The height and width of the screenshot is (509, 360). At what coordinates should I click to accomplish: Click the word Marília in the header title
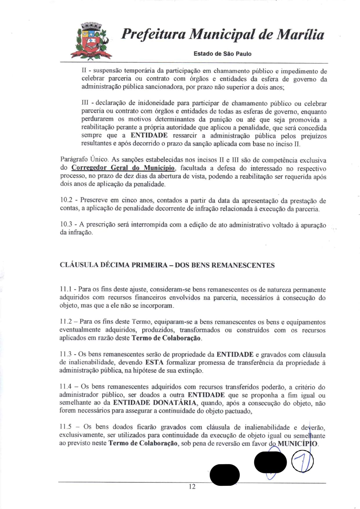coord(300,35)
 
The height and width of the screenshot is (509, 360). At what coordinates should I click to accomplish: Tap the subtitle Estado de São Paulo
coord(222,54)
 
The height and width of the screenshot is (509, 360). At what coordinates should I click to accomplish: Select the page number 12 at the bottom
coord(192,487)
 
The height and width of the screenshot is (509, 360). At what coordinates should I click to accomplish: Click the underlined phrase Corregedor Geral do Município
coord(123,168)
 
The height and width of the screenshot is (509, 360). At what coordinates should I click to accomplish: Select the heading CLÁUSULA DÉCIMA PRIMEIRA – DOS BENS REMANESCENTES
coord(167,265)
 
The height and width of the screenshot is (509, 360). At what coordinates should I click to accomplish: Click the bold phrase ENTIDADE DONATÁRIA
coord(154,403)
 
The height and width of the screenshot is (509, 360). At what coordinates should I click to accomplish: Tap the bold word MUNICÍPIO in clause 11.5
coord(298,444)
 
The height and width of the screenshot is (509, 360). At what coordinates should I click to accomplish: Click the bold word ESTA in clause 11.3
coord(154,362)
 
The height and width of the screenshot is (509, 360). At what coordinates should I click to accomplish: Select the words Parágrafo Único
coord(84,159)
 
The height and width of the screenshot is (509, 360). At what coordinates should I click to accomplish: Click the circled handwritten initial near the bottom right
coord(302,461)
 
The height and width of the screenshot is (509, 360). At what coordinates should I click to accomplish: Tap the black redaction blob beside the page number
coord(224,475)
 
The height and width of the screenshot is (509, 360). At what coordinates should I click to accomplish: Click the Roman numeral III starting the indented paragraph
coord(85,103)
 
